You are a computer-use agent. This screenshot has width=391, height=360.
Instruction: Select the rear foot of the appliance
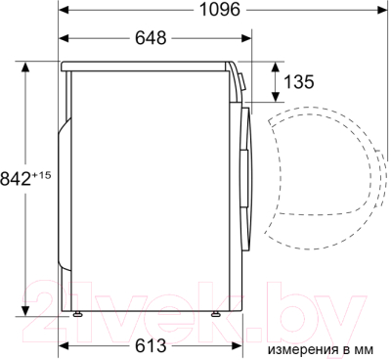75,315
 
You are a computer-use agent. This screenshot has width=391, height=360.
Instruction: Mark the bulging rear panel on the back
65,196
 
